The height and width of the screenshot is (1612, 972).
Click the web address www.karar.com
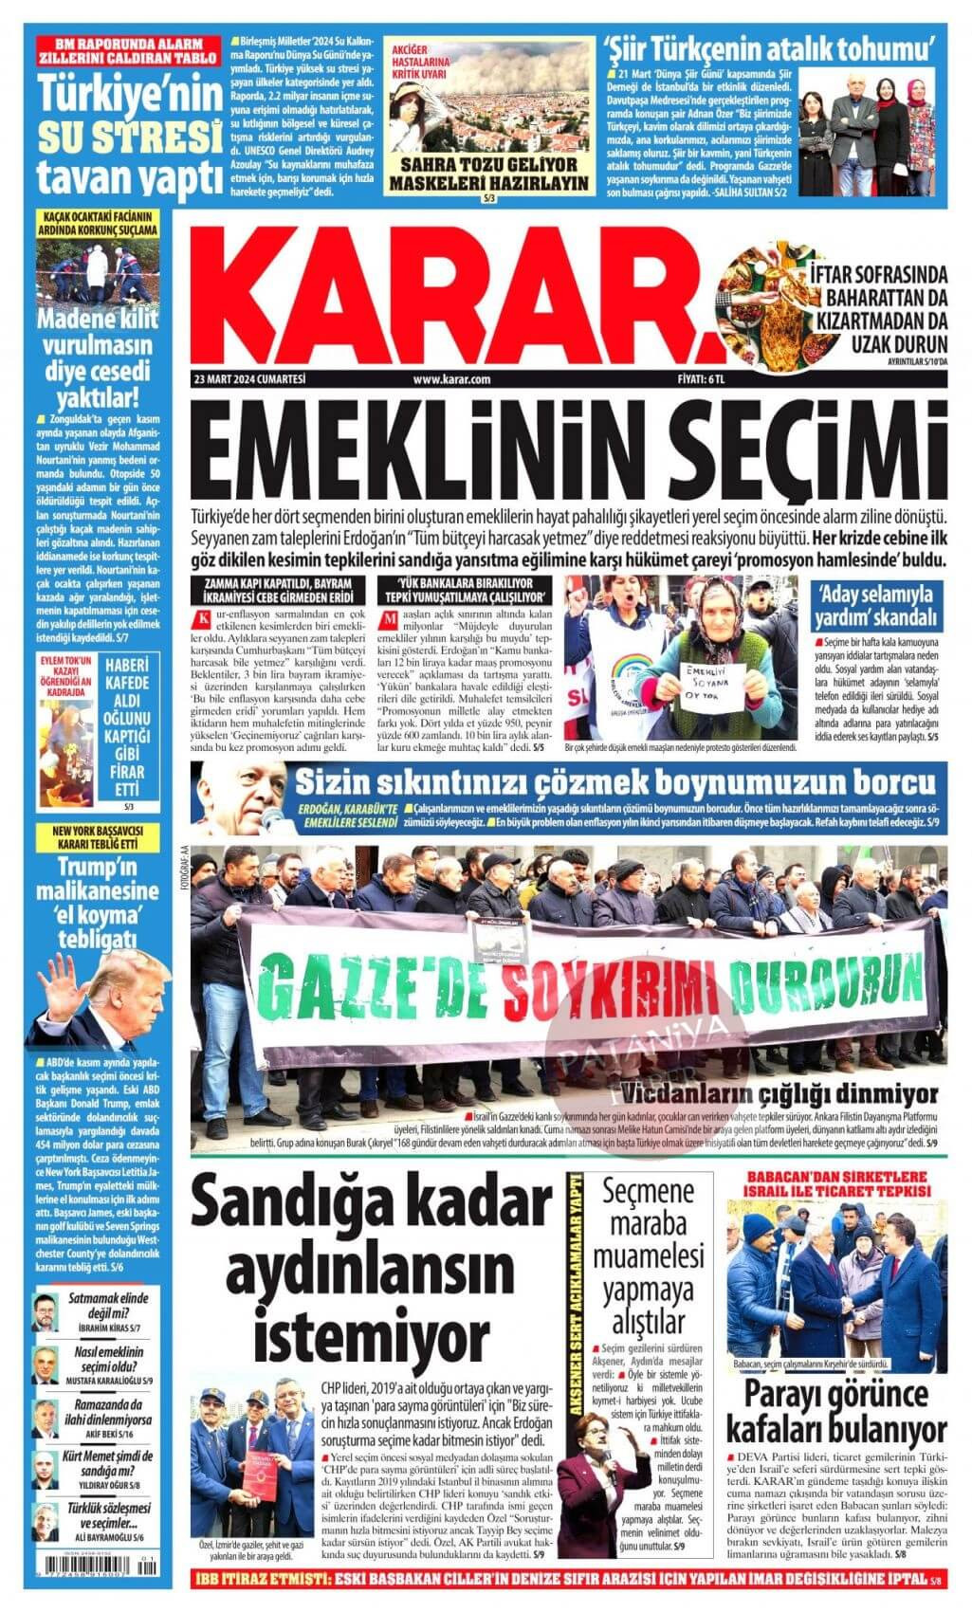pyautogui.click(x=451, y=379)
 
